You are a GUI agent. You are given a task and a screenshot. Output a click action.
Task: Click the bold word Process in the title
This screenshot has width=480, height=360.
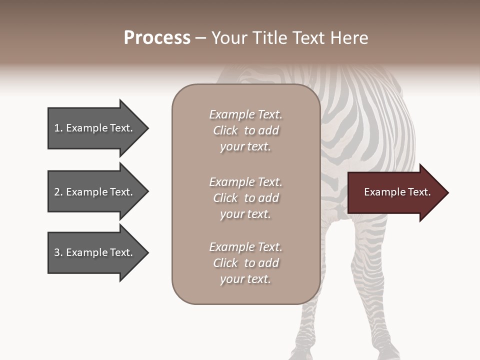point(157,38)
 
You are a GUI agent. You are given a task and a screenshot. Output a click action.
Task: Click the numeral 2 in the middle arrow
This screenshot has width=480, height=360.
point(57,192)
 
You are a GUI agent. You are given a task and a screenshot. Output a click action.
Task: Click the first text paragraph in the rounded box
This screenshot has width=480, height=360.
point(245,130)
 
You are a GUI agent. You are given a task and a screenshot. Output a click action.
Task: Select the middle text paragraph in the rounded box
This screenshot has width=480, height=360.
point(245,198)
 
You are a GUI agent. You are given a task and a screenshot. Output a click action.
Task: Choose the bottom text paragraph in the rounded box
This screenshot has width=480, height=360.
point(245,263)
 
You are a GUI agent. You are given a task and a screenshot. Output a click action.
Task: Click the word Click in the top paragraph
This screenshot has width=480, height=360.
point(225,130)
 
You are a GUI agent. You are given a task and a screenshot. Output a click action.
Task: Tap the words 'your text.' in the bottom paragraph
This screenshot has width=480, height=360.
point(245,279)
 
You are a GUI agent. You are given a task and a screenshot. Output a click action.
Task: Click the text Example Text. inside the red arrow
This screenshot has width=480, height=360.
point(397,192)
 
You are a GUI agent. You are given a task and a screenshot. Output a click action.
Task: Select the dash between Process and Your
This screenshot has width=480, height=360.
point(200,38)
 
